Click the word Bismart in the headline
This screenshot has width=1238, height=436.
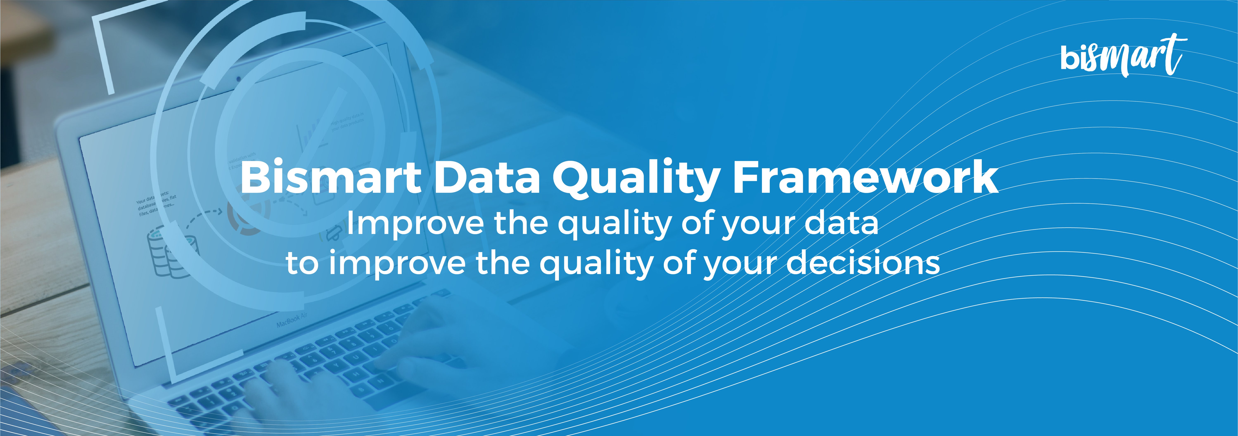point(331,178)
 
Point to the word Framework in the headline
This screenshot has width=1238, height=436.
point(865,178)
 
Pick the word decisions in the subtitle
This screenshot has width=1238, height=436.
point(863,263)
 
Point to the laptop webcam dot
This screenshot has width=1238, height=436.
point(238,78)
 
